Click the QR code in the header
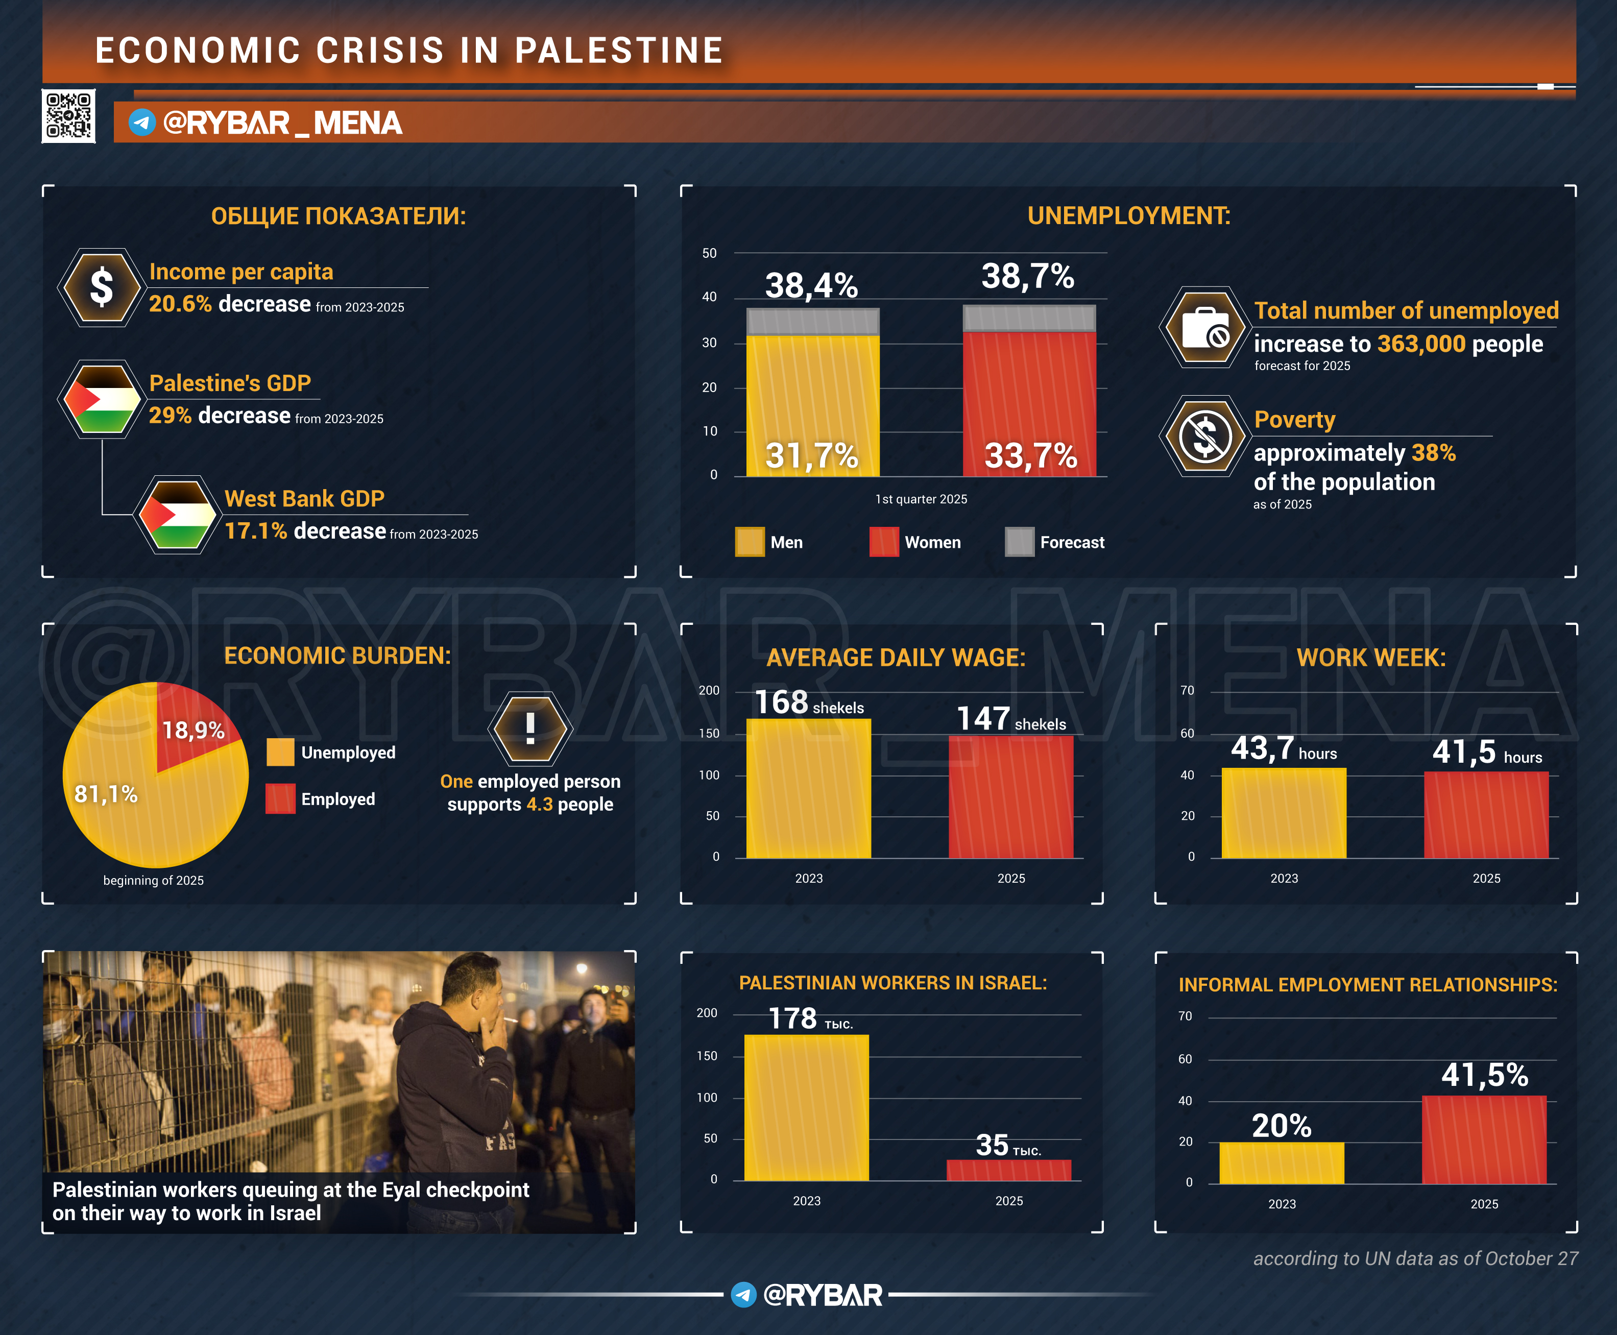pos(68,116)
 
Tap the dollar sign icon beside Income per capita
pos(102,287)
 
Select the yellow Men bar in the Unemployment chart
pos(813,405)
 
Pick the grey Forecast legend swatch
pos(1020,542)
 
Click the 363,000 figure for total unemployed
pos(1421,344)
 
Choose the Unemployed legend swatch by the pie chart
pos(280,752)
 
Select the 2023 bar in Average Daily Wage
pos(808,788)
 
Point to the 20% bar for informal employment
pos(1281,1163)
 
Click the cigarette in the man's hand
pos(508,1021)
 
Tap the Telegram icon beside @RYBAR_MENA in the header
pos(141,123)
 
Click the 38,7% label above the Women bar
pos(1027,276)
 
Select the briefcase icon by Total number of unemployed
pos(1204,328)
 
